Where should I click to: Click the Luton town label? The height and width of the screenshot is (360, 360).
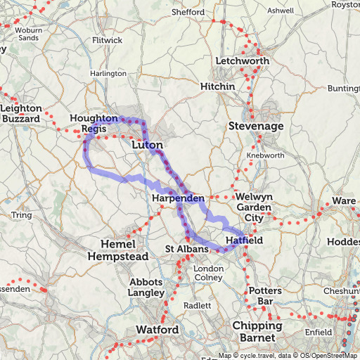pos(148,144)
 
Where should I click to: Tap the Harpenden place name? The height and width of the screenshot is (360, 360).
pos(178,200)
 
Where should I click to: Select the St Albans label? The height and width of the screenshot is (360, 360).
pos(187,250)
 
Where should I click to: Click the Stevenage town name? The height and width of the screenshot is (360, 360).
pos(256,126)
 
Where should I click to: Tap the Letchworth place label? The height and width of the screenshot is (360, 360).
pos(243,61)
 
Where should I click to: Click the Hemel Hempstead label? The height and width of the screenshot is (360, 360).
pos(118,250)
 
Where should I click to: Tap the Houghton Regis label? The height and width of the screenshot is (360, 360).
pos(94,124)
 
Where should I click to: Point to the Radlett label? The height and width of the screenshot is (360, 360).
pos(197,306)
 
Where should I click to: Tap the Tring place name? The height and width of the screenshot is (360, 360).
pos(22,214)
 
